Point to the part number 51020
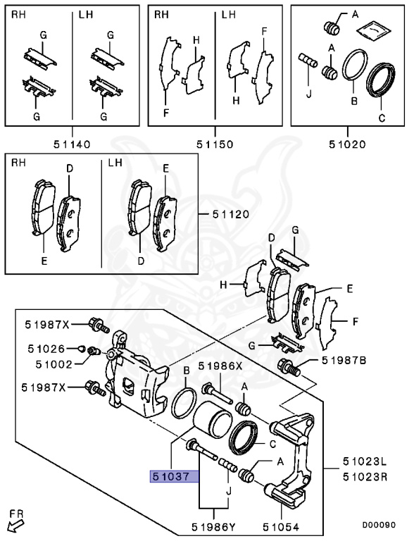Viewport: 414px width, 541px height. (346, 144)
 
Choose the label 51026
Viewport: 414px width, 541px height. (46, 347)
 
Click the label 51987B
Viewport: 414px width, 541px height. (344, 360)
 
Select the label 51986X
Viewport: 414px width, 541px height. (220, 366)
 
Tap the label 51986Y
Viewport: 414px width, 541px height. (214, 525)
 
